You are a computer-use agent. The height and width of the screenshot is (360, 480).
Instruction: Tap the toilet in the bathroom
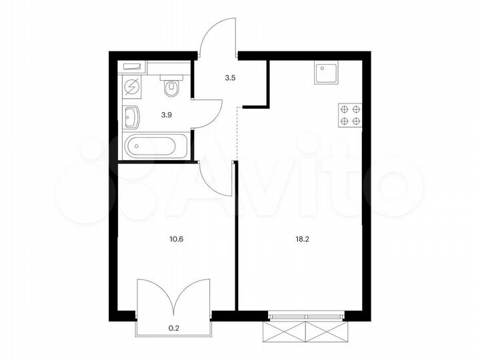[171, 87]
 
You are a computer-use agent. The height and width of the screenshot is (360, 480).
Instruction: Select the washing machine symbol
[131, 87]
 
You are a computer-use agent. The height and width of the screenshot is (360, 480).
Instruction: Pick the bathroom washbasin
[132, 117]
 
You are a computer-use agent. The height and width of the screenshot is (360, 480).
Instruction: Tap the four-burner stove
[350, 115]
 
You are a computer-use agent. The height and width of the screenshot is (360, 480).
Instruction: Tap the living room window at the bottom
[306, 313]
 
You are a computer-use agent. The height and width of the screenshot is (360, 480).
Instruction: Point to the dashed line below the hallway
[237, 133]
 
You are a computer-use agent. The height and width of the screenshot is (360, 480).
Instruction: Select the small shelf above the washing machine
[133, 67]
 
